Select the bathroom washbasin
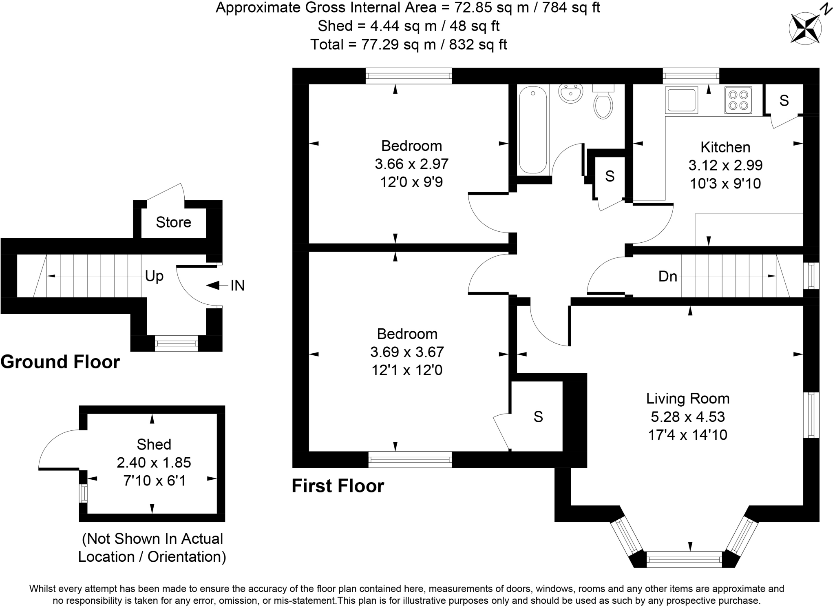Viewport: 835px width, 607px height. pos(570,94)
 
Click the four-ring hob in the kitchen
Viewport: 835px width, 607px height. pos(738,100)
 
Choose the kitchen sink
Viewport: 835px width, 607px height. pos(681,100)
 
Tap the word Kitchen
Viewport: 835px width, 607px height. pos(725,147)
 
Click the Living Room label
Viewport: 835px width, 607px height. pos(688,398)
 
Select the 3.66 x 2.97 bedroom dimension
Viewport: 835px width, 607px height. pos(411,164)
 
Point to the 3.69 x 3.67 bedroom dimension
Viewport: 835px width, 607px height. pos(407,352)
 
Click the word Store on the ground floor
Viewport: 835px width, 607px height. pos(173,222)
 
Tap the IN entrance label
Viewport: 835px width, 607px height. pos(237,286)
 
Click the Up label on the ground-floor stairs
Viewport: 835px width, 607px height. pos(155,276)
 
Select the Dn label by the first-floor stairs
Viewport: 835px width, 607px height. pos(667,277)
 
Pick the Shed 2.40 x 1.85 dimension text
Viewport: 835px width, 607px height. pos(154,463)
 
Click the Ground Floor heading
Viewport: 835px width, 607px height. pos(60,362)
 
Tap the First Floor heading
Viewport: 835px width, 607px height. pos(338,486)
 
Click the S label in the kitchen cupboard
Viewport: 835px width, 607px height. pos(784,100)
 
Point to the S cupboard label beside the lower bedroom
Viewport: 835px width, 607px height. pos(538,416)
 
